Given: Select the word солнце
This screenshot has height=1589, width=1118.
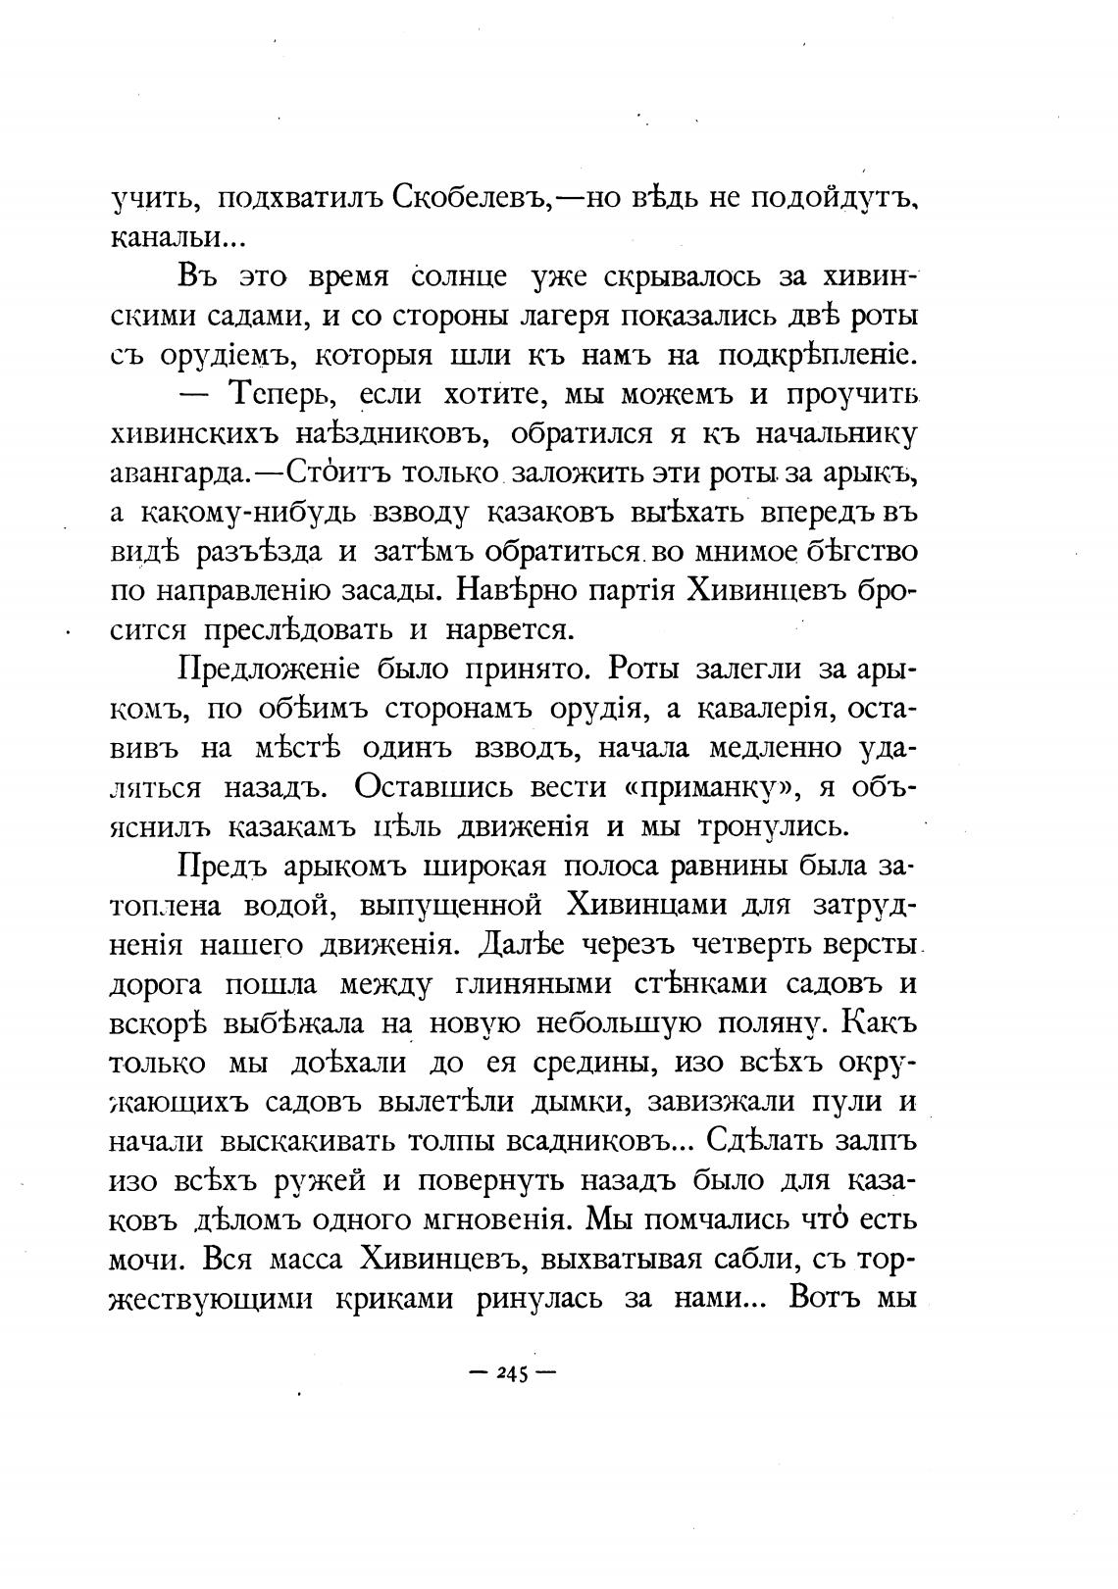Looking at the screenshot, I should point(459,277).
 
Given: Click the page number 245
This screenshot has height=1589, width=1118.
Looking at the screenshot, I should point(513,1374).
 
